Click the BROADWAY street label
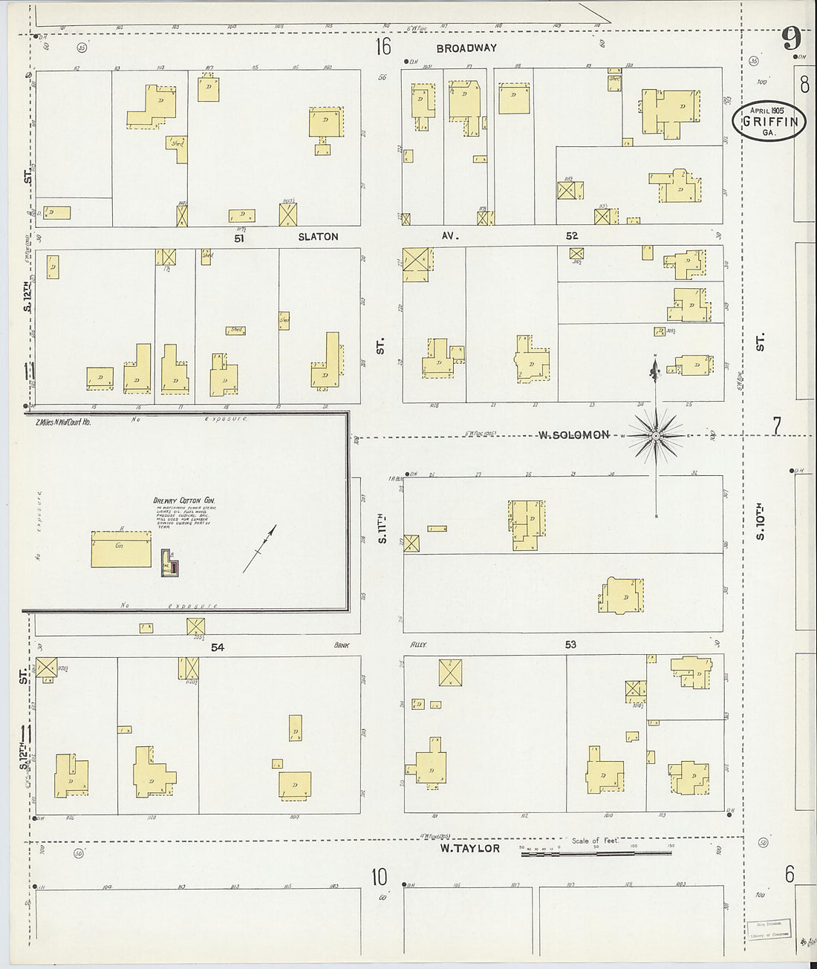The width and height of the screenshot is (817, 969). point(466,48)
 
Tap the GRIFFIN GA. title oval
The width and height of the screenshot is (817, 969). point(769,121)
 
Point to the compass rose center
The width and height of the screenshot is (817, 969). point(655,436)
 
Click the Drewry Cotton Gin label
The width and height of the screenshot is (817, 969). point(183,501)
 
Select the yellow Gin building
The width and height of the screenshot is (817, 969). point(121,549)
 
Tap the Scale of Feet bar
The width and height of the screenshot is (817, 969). point(596,853)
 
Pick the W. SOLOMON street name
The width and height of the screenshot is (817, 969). point(573,435)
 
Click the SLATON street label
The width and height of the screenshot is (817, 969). point(318,237)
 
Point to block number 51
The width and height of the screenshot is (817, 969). point(238,238)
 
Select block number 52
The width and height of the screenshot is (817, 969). point(571,235)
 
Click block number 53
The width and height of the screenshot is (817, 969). point(570,645)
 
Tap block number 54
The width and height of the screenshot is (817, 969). point(217,647)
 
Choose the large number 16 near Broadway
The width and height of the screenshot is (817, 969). point(383,48)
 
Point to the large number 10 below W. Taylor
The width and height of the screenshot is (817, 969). point(379,877)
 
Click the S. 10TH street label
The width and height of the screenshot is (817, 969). point(760,523)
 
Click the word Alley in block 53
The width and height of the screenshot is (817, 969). point(419,645)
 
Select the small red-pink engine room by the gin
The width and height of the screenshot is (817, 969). point(174,568)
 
